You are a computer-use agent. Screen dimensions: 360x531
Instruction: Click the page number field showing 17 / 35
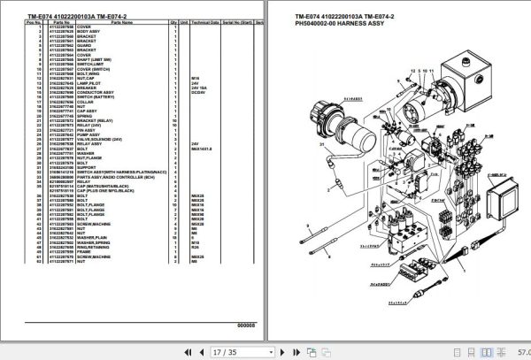click(x=222, y=351)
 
